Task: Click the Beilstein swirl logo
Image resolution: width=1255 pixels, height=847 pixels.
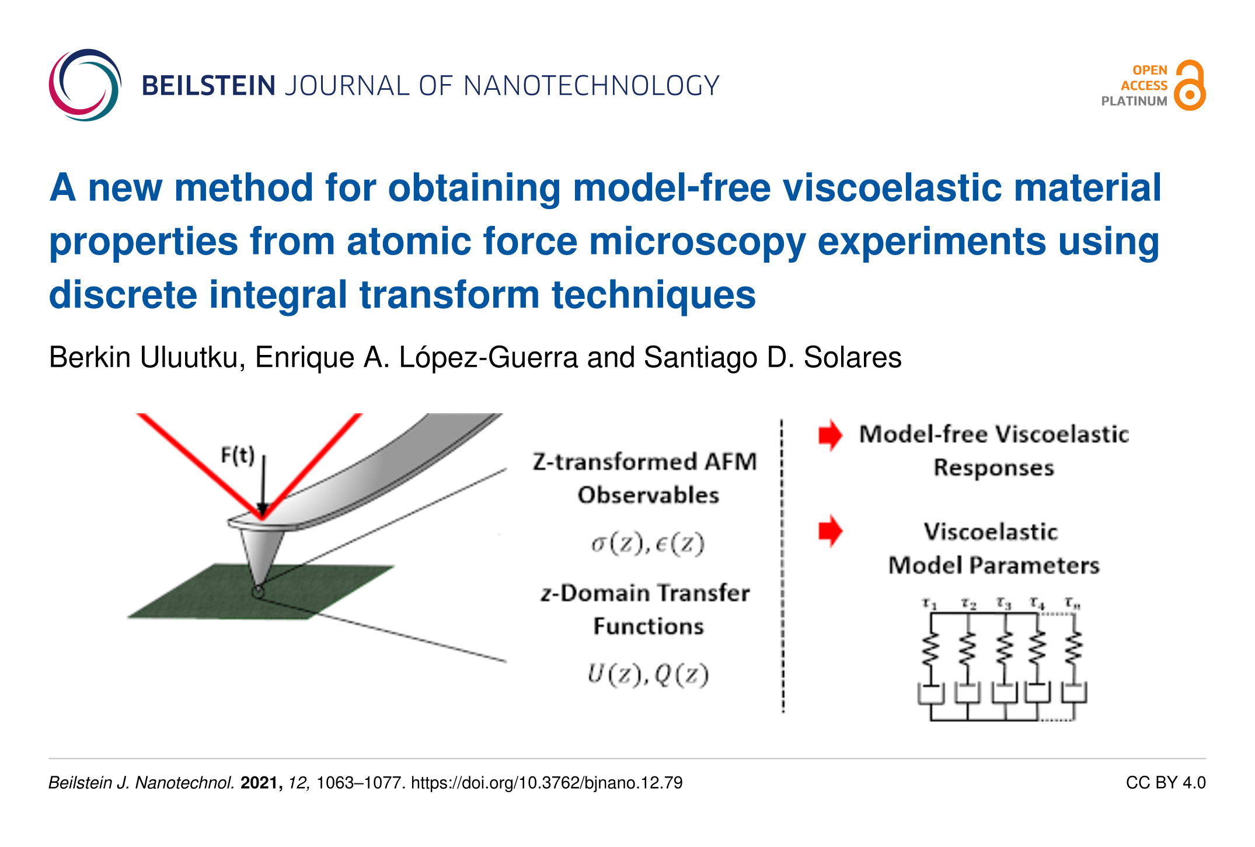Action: (85, 85)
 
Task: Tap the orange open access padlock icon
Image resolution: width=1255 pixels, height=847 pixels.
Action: (1190, 85)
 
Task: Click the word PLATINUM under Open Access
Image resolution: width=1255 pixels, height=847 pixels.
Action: (1134, 101)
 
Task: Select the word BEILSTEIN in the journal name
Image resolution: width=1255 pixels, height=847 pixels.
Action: (208, 86)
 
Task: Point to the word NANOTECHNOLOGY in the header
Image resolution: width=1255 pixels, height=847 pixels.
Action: (591, 86)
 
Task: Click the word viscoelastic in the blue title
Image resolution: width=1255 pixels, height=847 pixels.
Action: (892, 187)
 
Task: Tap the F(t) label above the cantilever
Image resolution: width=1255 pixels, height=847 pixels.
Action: (238, 455)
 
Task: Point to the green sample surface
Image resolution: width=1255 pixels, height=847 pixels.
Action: (261, 591)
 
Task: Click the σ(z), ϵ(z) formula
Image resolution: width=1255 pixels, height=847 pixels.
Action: (648, 544)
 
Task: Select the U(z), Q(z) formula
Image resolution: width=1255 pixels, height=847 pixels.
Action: (648, 675)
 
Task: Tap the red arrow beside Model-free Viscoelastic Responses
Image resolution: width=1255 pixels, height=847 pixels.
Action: (830, 435)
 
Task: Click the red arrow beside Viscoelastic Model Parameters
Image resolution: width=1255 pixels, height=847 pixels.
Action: (830, 531)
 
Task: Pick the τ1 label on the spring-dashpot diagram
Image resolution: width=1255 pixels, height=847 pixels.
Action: (929, 604)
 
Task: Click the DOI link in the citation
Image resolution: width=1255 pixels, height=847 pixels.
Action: (547, 783)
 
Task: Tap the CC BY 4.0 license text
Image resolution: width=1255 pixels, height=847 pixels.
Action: (1166, 783)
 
